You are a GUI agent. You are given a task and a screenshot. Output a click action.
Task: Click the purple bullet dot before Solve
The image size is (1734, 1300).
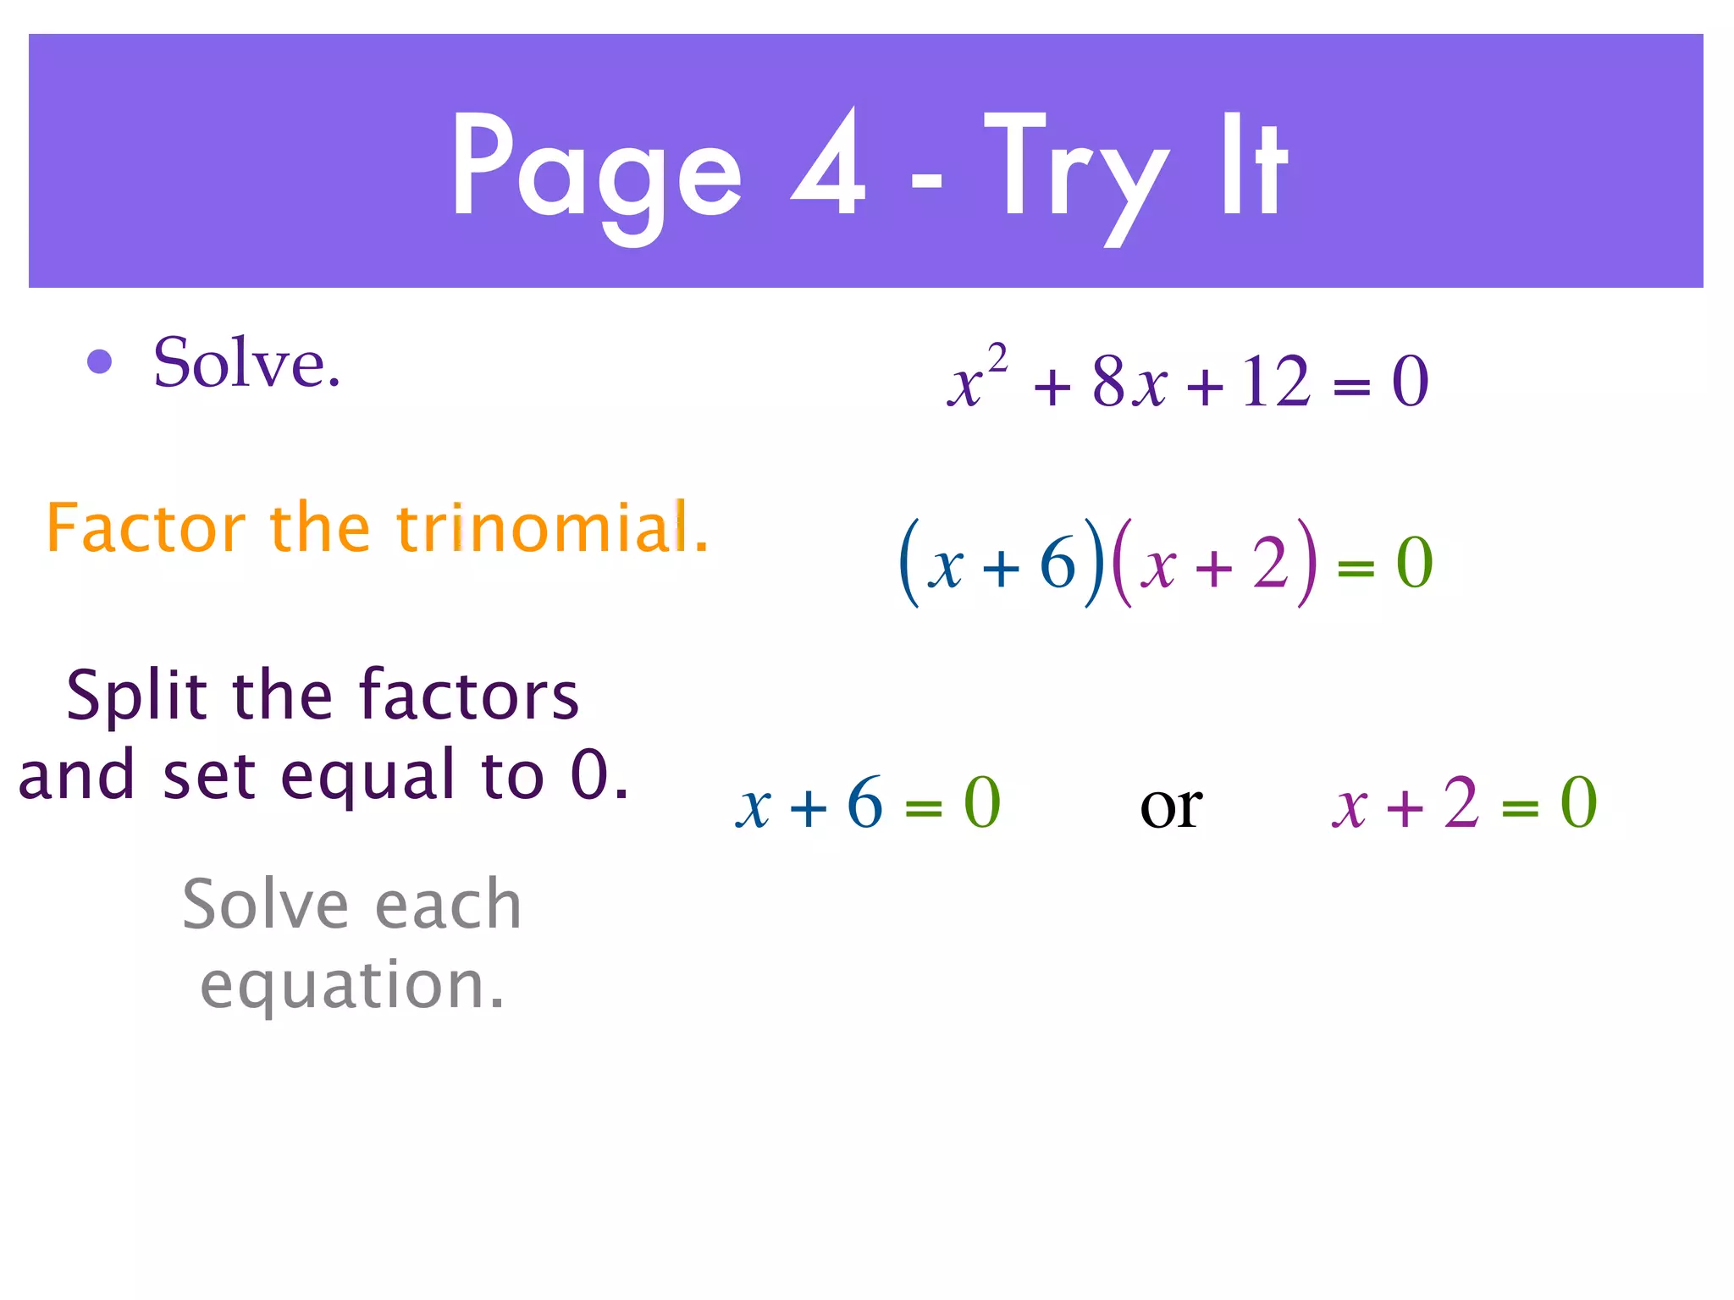pyautogui.click(x=100, y=361)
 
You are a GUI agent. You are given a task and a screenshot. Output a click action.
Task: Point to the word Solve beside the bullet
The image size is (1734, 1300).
pyautogui.click(x=246, y=363)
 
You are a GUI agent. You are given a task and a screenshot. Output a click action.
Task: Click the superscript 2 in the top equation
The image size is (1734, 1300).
pyautogui.click(x=998, y=358)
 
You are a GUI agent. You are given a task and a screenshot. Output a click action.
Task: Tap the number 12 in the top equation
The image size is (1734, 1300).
pyautogui.click(x=1276, y=382)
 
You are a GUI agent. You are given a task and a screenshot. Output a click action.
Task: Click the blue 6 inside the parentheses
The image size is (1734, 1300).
pyautogui.click(x=1058, y=563)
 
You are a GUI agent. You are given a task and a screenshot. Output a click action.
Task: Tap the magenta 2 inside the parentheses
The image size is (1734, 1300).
pyautogui.click(x=1271, y=563)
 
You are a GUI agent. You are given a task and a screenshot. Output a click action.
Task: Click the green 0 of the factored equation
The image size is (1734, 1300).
pyautogui.click(x=1414, y=563)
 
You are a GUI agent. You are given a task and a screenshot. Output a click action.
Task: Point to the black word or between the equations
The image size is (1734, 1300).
pyautogui.click(x=1171, y=807)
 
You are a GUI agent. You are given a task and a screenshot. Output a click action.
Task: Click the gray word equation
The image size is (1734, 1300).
pyautogui.click(x=352, y=984)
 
